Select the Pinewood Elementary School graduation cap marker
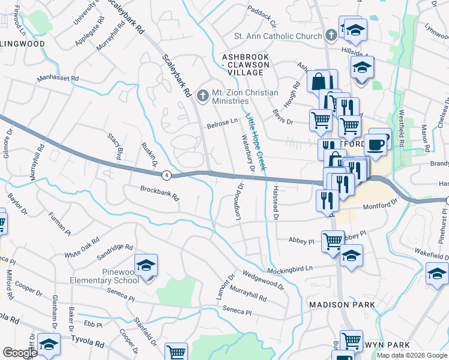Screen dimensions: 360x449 click(x=146, y=266)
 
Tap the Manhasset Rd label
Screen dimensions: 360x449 click(x=58, y=79)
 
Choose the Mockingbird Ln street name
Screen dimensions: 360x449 click(x=291, y=269)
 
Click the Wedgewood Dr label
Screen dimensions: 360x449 click(x=263, y=279)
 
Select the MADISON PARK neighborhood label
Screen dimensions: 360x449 click(x=342, y=305)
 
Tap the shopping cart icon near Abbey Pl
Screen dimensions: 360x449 click(x=333, y=242)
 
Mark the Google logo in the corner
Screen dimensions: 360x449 click(x=20, y=353)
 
